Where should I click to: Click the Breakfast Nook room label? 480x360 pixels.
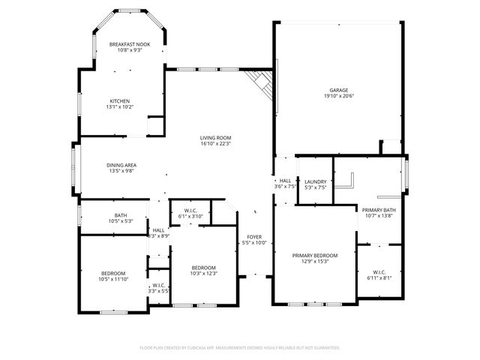point(130,44)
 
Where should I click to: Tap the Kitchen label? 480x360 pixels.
point(120,101)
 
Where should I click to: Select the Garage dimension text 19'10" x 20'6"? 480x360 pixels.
point(338,96)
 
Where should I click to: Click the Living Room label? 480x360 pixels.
point(215,137)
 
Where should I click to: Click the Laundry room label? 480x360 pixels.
point(314,181)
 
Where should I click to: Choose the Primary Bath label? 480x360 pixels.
point(378,209)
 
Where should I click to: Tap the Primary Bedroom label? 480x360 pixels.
point(314,256)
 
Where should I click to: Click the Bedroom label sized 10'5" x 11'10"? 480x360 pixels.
point(113,273)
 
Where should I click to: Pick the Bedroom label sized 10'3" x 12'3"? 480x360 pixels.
point(203,268)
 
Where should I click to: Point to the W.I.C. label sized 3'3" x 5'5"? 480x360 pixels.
point(158,285)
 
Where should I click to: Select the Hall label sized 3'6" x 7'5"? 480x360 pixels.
point(286,181)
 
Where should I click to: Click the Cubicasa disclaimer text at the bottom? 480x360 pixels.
point(240,348)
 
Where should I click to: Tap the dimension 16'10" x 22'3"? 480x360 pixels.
point(215,144)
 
